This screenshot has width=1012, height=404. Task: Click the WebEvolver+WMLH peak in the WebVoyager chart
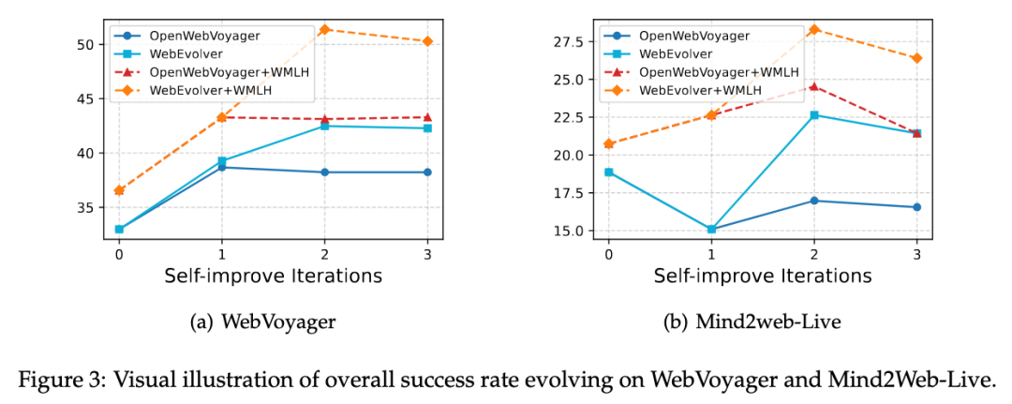(324, 29)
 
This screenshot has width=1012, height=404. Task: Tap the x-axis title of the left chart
(273, 276)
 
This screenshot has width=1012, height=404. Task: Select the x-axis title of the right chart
(762, 276)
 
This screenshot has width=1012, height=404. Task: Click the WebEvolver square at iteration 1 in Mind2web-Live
(711, 229)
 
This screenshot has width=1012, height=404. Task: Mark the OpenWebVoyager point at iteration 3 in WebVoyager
(427, 172)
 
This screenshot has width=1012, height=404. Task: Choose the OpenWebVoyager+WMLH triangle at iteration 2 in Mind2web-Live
(813, 86)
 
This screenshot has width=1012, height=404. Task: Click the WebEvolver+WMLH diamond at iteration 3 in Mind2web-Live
(916, 58)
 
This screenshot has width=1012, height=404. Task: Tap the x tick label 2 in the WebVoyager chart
(324, 253)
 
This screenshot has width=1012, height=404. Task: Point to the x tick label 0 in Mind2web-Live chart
(608, 253)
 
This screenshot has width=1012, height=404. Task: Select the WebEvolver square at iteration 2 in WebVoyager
(324, 126)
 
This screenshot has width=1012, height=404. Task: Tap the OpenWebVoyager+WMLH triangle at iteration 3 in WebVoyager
(427, 117)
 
